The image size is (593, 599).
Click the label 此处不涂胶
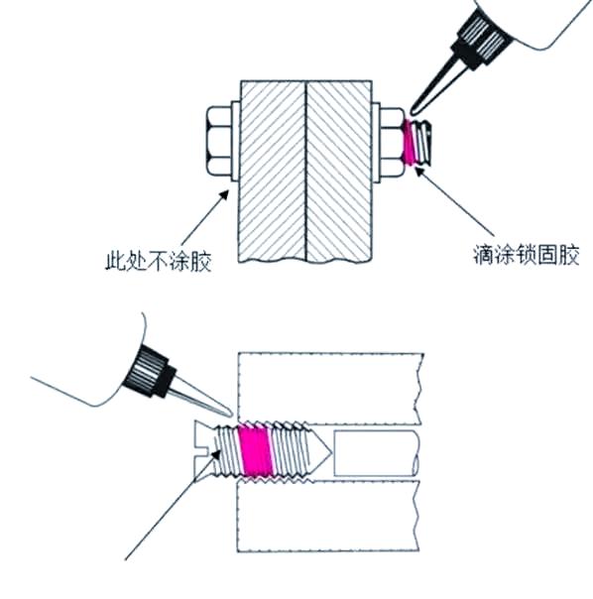(159, 260)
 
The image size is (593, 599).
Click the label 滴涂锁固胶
(527, 255)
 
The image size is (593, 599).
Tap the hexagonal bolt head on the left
(219, 142)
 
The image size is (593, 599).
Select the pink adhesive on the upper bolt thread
(410, 142)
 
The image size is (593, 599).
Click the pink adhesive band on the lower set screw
(255, 452)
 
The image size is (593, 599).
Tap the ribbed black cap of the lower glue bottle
(150, 372)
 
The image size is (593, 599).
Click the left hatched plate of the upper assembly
(273, 171)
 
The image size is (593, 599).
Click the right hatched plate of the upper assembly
(339, 172)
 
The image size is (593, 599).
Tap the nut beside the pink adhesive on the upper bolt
(392, 142)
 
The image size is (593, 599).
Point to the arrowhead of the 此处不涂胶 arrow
(224, 194)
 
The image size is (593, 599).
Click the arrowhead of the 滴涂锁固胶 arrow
(419, 172)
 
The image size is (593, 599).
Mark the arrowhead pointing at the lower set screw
(216, 455)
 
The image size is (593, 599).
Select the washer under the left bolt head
(236, 142)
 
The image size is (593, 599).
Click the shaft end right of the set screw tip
(377, 452)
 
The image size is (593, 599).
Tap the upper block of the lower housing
(330, 389)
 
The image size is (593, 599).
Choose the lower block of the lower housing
(328, 517)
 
